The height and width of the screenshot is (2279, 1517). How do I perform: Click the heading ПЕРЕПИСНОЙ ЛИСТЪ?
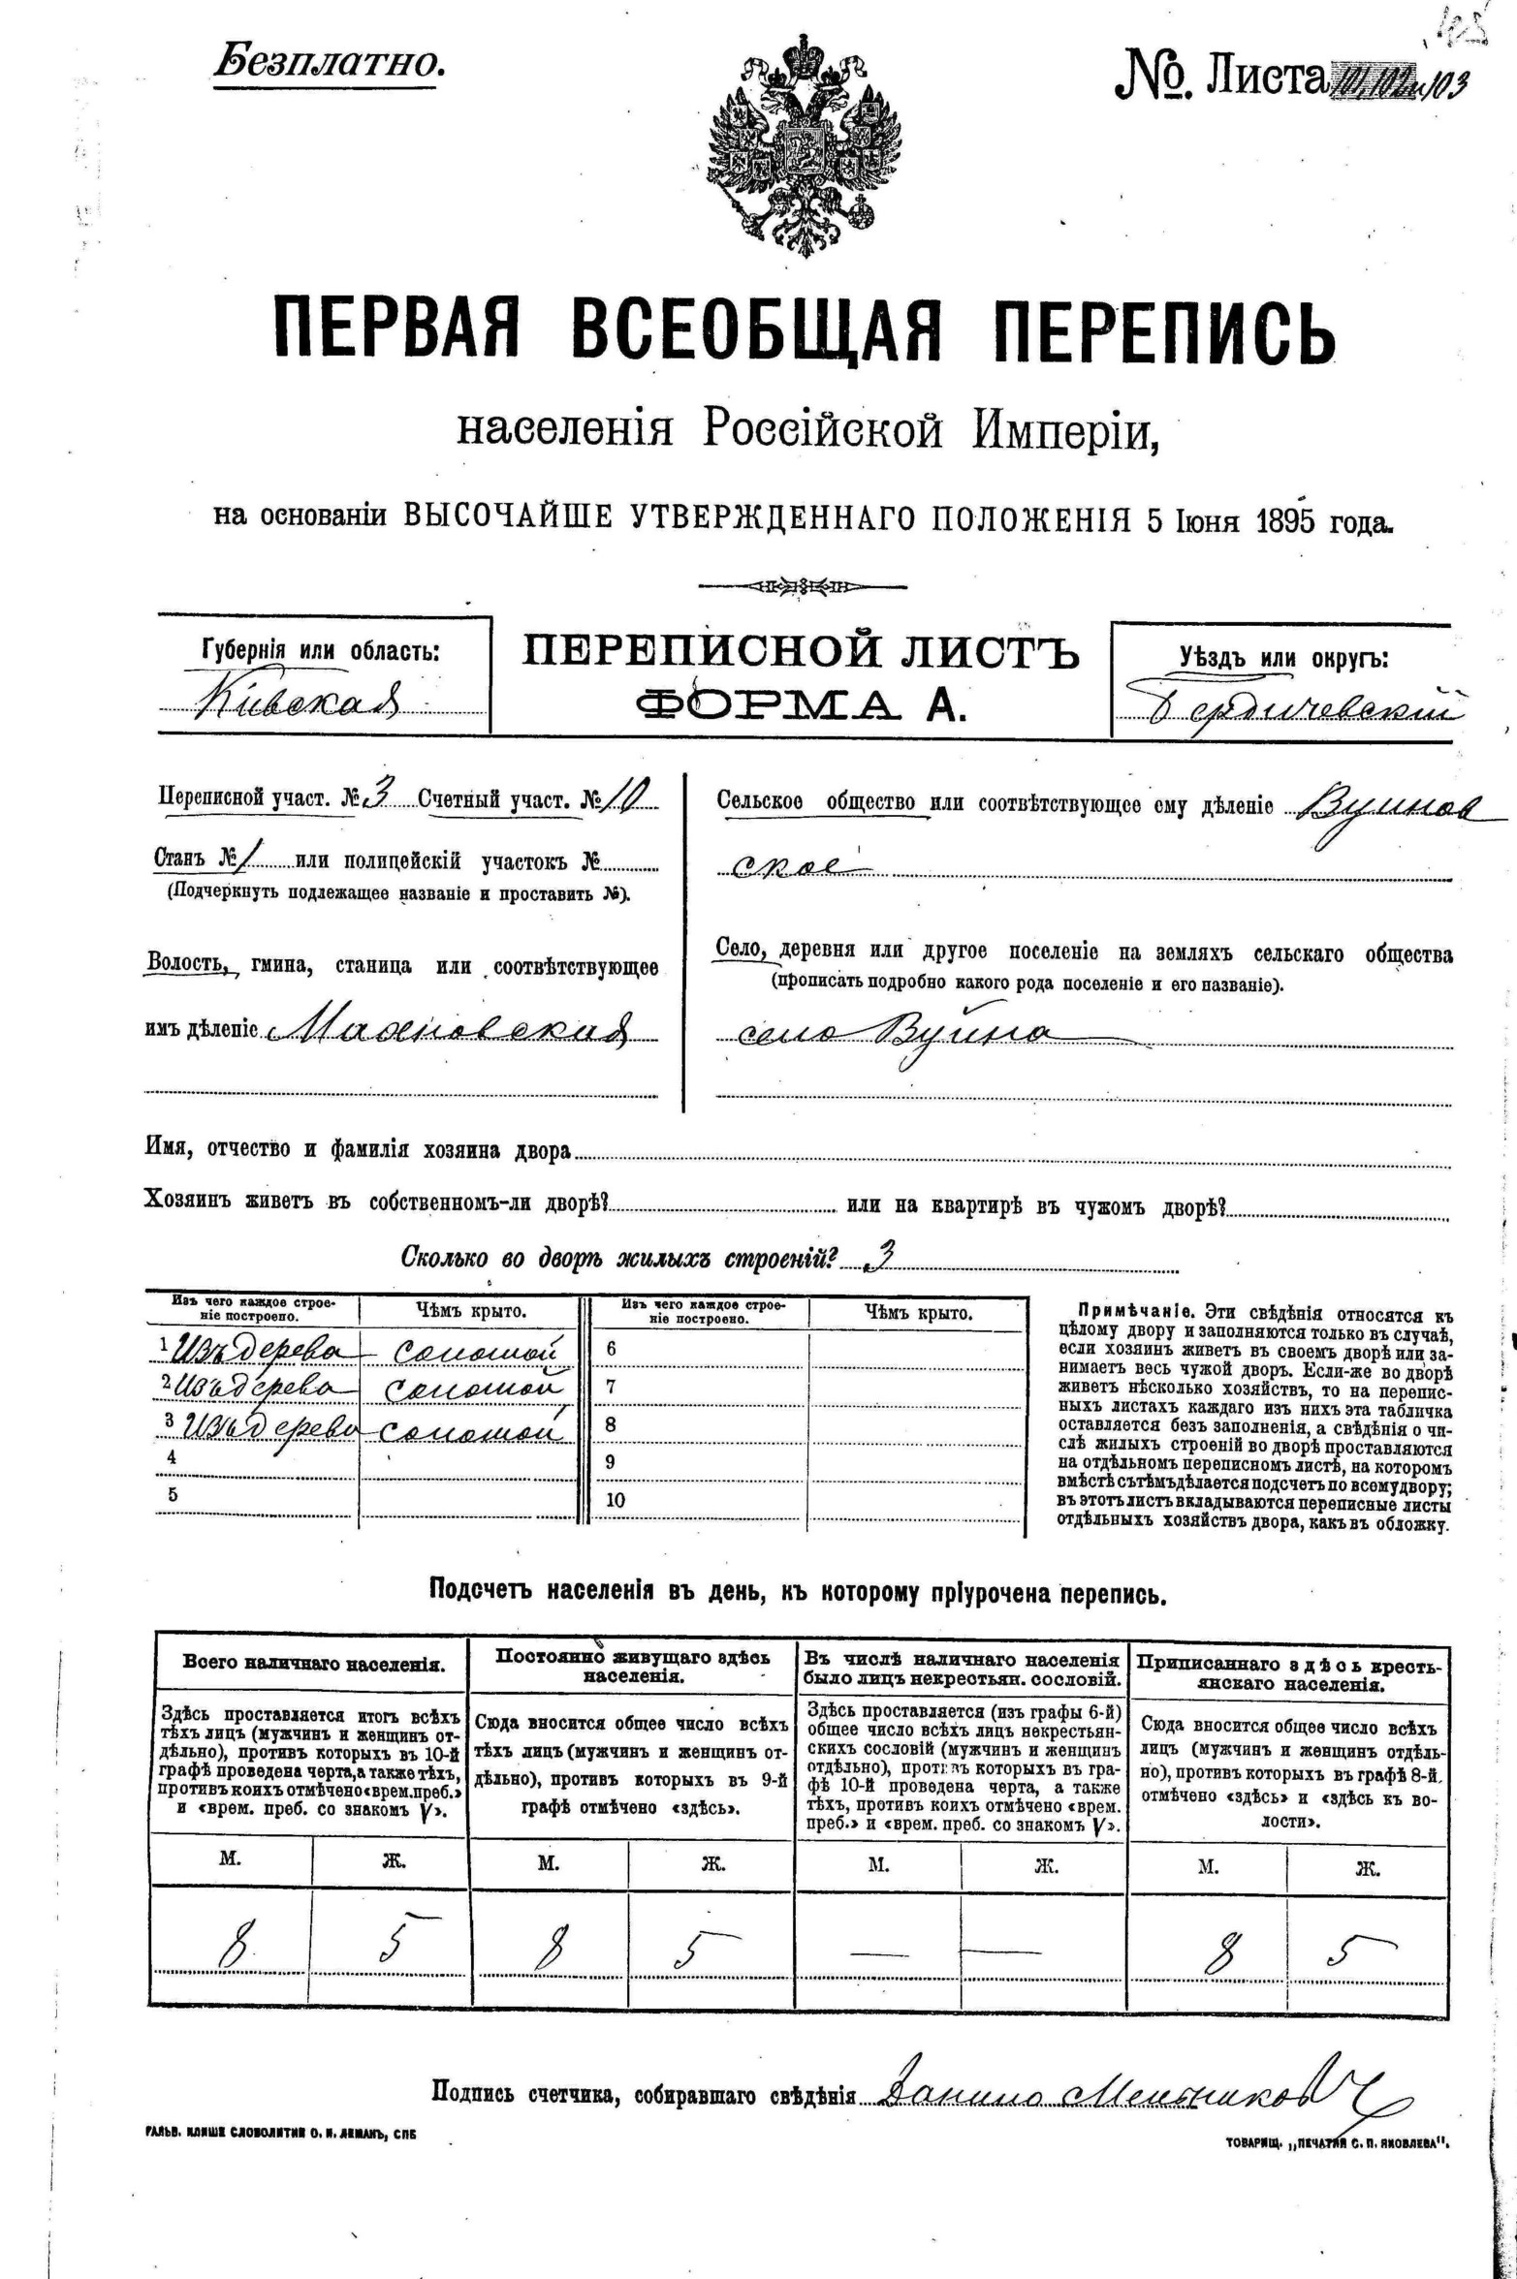point(800,652)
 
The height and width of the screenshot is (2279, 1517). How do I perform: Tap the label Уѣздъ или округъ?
point(1283,658)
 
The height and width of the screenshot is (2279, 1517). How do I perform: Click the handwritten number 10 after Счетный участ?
point(625,796)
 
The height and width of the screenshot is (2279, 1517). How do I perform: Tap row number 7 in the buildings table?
point(611,1387)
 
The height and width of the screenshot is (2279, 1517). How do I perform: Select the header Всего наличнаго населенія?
point(314,1664)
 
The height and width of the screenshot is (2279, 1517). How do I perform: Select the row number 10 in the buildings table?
point(615,1499)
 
